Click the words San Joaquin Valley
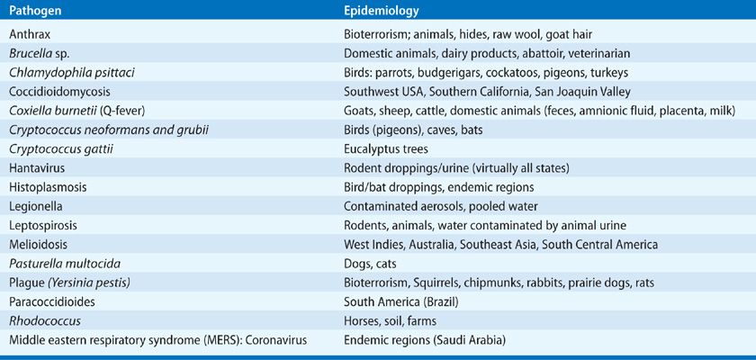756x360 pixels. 589,91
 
